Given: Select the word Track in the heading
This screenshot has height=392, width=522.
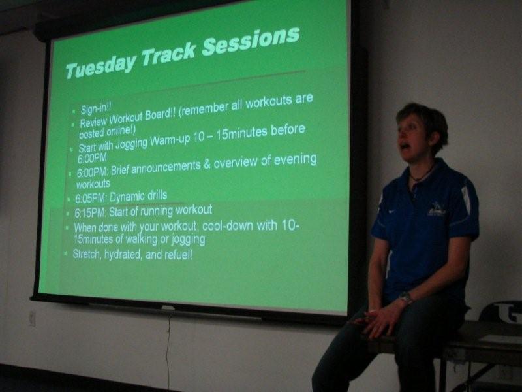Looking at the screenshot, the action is [x=169, y=55].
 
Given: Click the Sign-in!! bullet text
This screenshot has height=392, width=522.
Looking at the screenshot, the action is [x=96, y=108].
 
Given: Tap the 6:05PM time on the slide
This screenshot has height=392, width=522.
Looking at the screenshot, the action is [x=90, y=198].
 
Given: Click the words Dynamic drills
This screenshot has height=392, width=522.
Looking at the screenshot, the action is [x=138, y=196].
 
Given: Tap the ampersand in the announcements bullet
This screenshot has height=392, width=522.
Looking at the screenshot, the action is [x=206, y=165].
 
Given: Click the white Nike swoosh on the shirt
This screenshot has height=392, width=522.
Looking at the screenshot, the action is [x=392, y=210].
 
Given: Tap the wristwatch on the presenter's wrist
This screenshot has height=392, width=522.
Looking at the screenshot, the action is [x=405, y=297].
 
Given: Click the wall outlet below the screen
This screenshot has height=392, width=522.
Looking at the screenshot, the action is [x=32, y=318].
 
